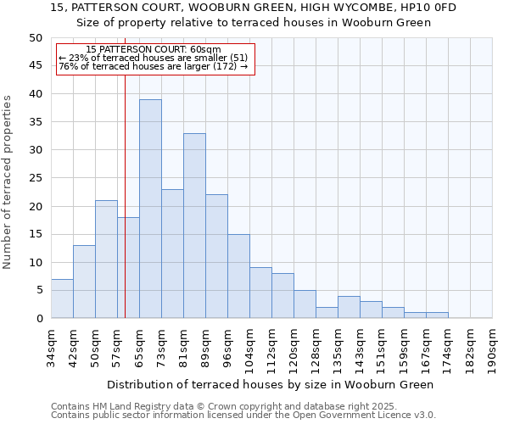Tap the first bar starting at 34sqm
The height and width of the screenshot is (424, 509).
(x=62, y=298)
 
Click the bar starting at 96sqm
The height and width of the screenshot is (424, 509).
(x=238, y=276)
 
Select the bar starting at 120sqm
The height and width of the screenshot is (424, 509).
(x=305, y=304)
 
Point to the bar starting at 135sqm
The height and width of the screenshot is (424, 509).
(x=349, y=307)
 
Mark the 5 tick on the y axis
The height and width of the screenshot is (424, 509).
(x=38, y=290)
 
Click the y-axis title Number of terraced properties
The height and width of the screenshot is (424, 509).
(x=8, y=182)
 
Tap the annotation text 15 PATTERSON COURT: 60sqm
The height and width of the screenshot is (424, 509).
(x=154, y=50)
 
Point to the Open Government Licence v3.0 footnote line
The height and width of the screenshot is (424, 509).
(x=243, y=415)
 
